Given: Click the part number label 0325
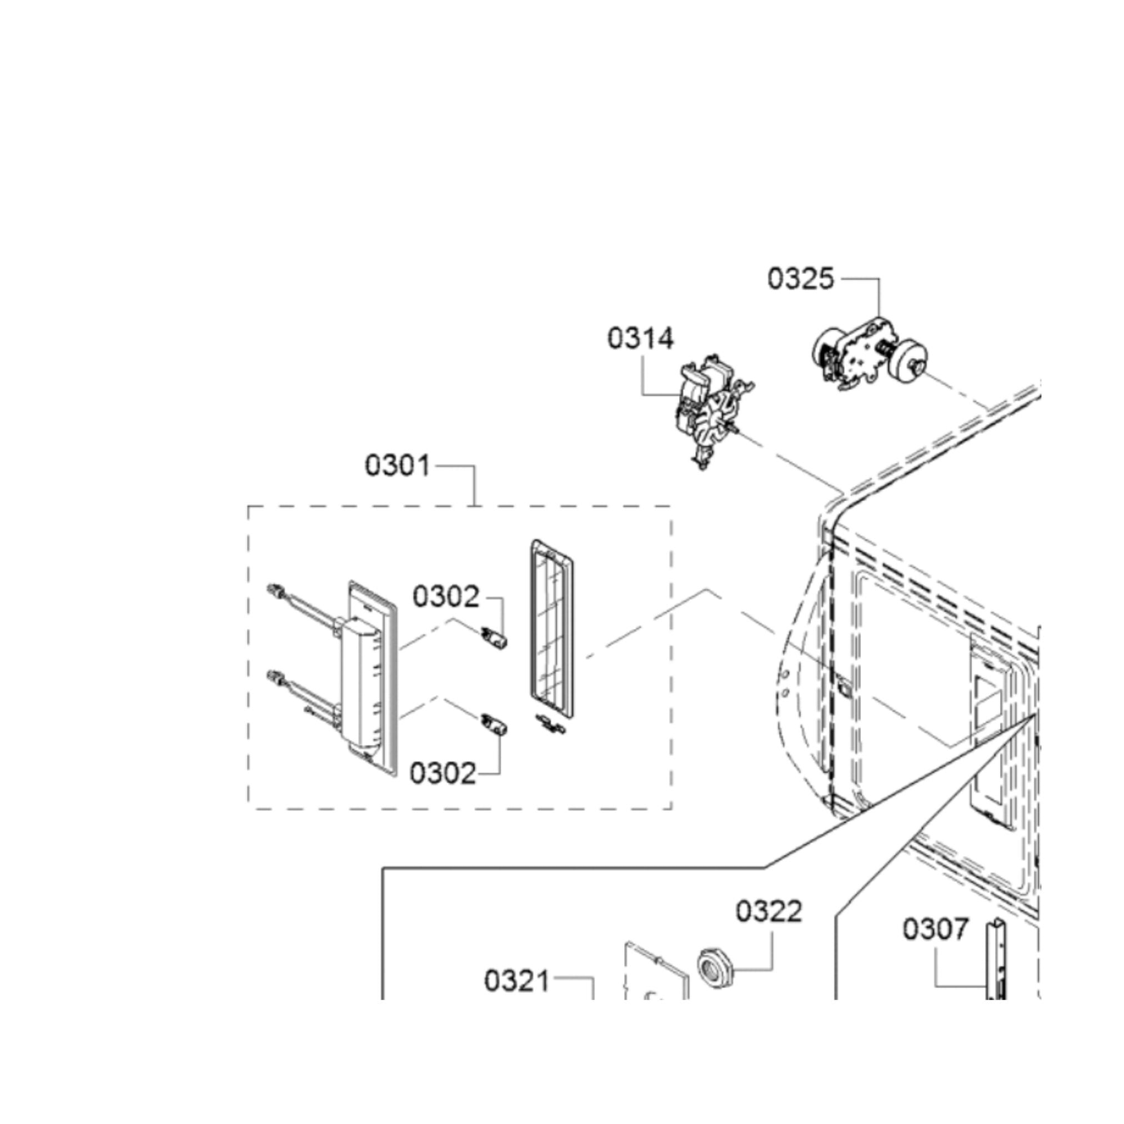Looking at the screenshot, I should coord(801,279).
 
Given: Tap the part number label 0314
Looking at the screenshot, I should coord(640,339).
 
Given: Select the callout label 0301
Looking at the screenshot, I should coord(398,465).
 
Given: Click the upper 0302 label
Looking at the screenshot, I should coord(446,597).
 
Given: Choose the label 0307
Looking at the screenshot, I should coord(936,929).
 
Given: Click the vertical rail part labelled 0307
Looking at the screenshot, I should coord(997,966).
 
